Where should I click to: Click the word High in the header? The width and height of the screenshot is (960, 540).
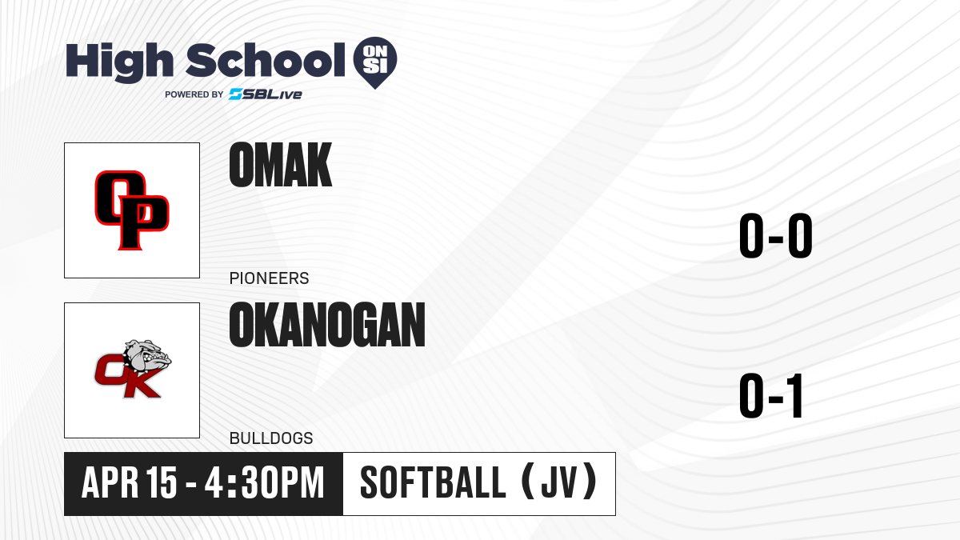[x=119, y=62]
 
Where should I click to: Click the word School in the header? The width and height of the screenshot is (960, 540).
[x=266, y=60]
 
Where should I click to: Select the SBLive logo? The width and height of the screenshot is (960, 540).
[x=266, y=94]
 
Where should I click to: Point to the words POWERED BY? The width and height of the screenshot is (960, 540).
[x=194, y=94]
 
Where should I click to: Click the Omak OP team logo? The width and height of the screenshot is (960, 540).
[x=132, y=210]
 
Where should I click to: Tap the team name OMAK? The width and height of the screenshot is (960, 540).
[x=281, y=165]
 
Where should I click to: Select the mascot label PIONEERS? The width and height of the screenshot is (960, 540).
[x=269, y=278]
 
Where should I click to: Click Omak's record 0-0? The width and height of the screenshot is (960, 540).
[x=776, y=236]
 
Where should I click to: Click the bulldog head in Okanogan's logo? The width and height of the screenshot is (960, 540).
[x=148, y=357]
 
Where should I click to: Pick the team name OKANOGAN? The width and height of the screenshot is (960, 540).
[x=327, y=325]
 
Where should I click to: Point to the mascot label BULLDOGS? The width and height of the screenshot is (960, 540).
[x=271, y=438]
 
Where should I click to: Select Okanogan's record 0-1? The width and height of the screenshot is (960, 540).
[x=771, y=395]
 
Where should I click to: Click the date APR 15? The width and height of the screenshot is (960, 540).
[x=129, y=483]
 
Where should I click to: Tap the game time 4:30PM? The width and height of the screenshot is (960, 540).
[x=265, y=483]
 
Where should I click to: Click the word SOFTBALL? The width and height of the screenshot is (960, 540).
[x=434, y=483]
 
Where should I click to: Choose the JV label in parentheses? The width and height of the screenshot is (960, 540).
[x=560, y=482]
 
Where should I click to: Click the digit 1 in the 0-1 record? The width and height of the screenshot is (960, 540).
[x=795, y=395]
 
